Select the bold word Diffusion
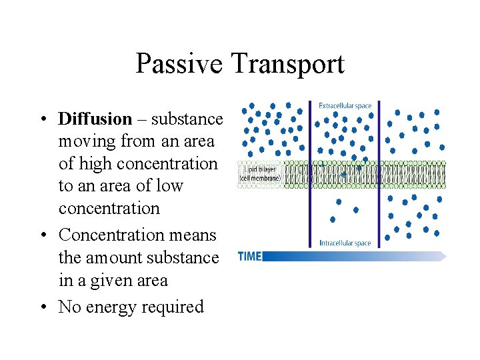coord(95,119)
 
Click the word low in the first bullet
coord(169,185)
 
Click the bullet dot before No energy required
coord(42,307)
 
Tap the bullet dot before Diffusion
coord(42,119)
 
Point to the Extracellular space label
coord(345,105)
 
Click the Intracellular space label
coord(344,243)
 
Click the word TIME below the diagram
coord(249,256)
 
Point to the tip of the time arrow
coord(445,256)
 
